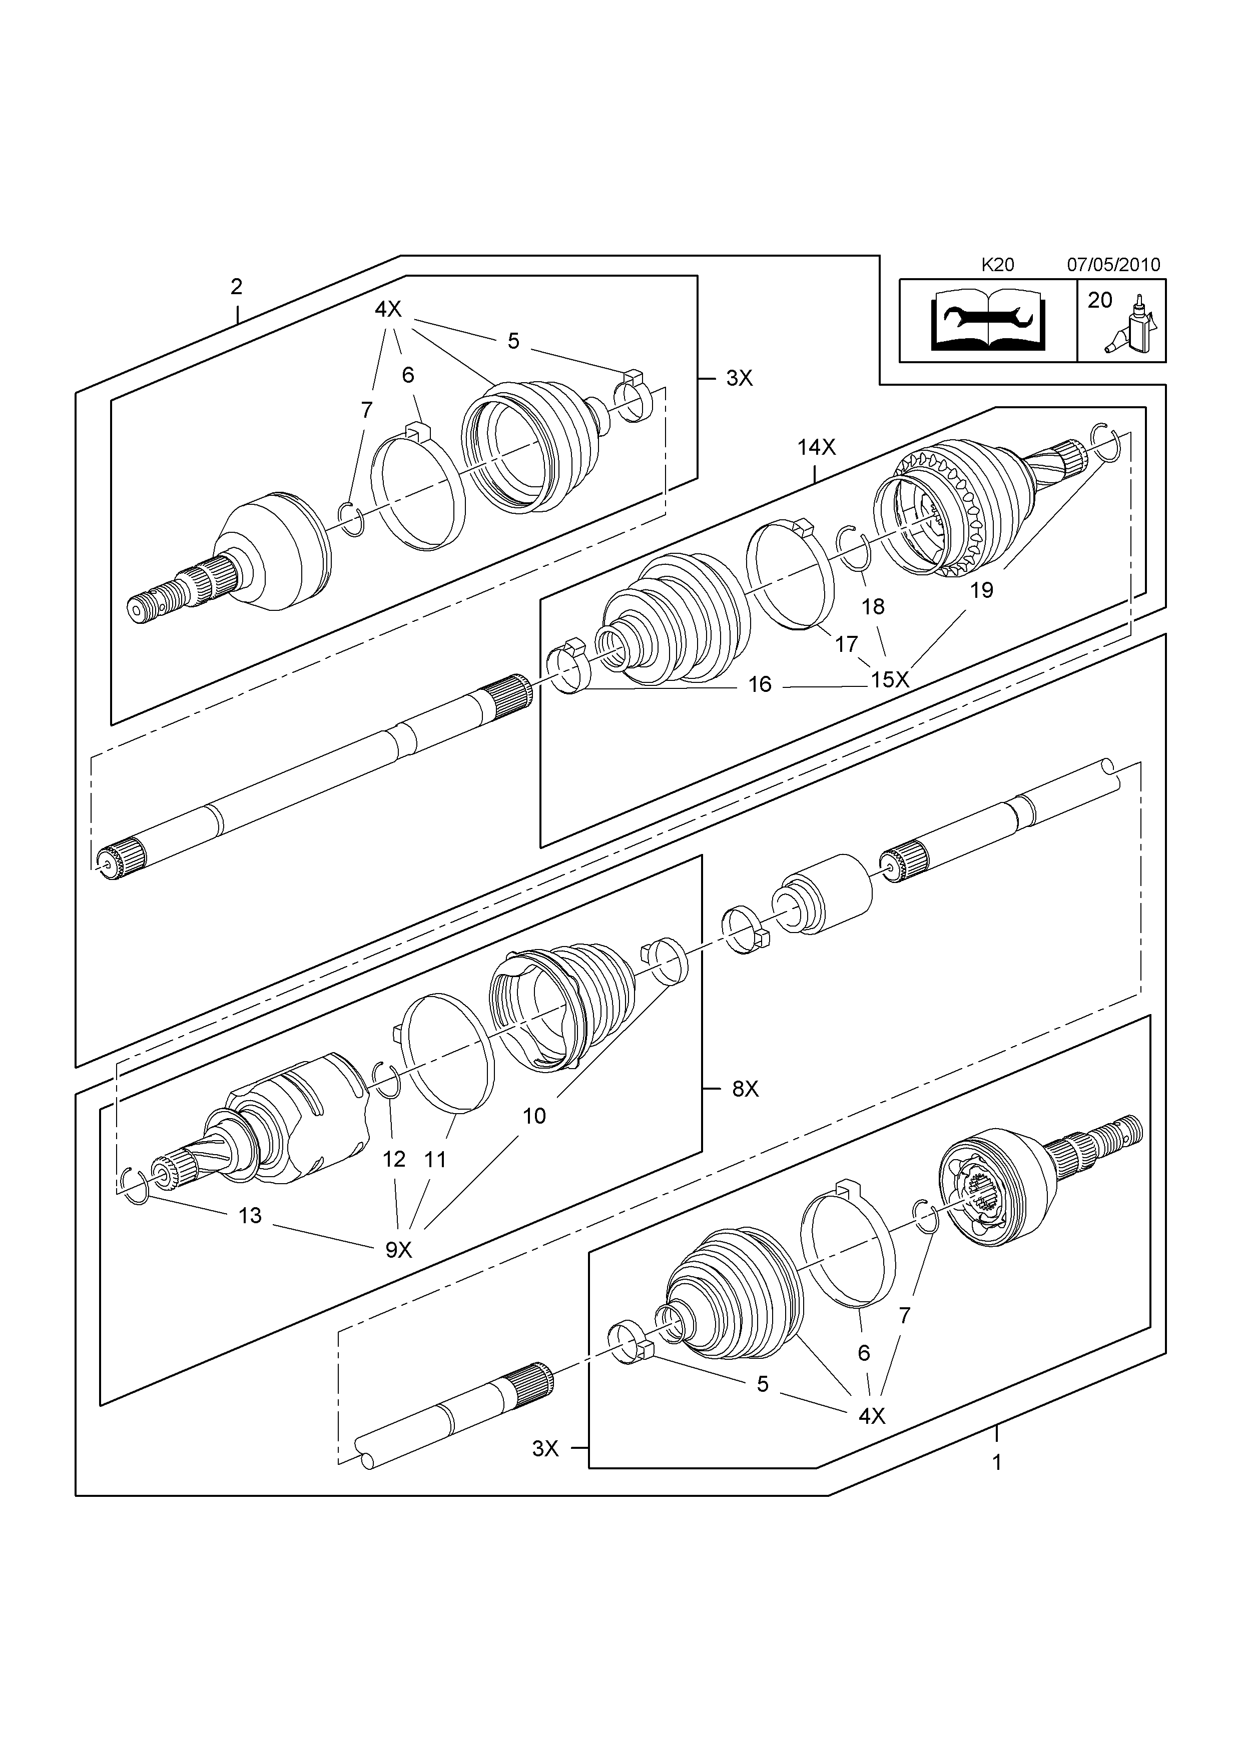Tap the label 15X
point(890,679)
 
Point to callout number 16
point(760,684)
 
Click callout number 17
point(846,644)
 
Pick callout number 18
point(873,606)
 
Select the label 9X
point(398,1250)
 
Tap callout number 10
point(534,1116)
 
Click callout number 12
point(393,1159)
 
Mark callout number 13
point(250,1216)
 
